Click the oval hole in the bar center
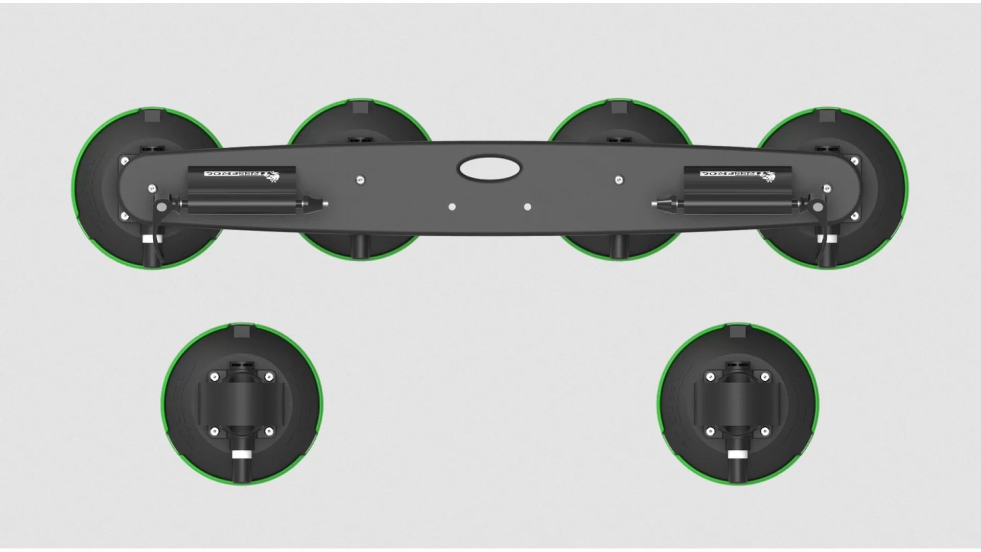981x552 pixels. click(x=490, y=169)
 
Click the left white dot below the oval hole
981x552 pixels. click(x=452, y=207)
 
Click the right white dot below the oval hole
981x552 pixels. click(x=528, y=207)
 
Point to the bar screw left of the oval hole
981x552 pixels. click(x=361, y=179)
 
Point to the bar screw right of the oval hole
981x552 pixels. click(x=619, y=179)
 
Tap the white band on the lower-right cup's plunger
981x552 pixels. click(x=736, y=454)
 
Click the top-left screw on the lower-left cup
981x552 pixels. click(x=214, y=377)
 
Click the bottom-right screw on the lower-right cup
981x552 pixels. click(x=764, y=432)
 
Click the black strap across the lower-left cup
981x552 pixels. click(x=241, y=404)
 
